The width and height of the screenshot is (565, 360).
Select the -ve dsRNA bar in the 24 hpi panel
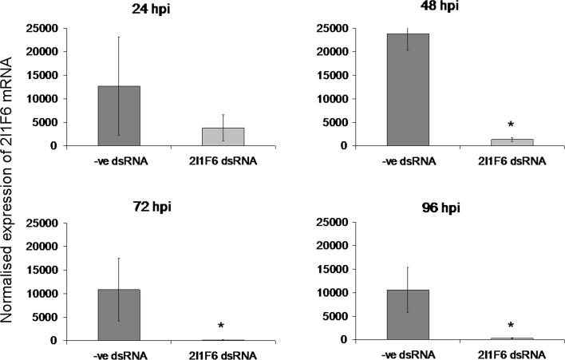119,116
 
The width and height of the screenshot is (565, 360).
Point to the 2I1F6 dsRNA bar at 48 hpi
510,142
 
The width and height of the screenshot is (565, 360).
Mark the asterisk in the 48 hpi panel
510,125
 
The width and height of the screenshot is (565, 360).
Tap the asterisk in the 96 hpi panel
510,326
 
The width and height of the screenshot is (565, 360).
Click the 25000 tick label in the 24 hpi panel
45,29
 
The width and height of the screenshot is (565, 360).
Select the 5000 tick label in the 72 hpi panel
48,317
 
